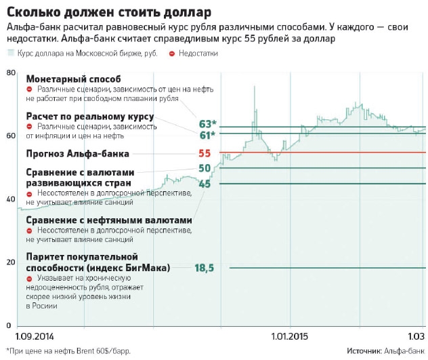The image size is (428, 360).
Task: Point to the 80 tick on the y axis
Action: point(10,73)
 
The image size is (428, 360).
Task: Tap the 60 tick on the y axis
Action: point(10,136)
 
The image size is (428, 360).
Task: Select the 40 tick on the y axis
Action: point(10,199)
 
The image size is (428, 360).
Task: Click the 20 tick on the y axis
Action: point(10,262)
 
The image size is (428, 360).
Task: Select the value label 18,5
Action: point(204,268)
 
